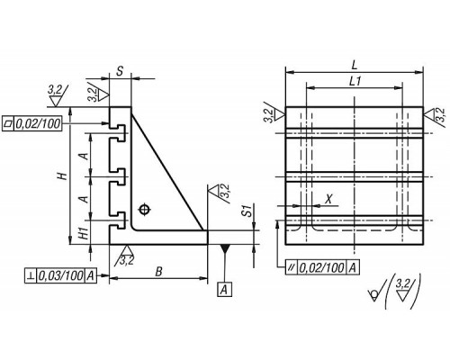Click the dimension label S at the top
120,71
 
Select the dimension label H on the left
62,175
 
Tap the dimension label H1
85,233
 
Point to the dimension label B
158,272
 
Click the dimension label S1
247,211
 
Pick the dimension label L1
355,81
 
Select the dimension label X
328,199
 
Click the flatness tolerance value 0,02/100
38,123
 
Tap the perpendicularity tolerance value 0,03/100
60,275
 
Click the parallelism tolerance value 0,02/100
322,267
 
